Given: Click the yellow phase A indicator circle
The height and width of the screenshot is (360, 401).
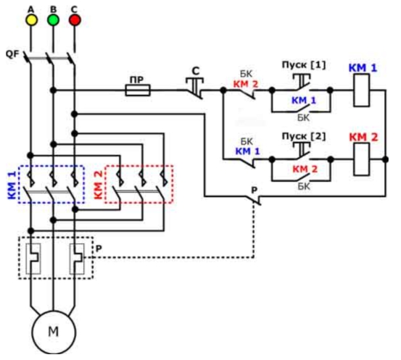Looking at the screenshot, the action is coord(31,20).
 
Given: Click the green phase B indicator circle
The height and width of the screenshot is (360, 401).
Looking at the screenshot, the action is coord(53,20).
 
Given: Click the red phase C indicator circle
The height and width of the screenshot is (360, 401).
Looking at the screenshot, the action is coord(75,20).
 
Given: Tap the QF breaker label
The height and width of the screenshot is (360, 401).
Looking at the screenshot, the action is coord(12,54).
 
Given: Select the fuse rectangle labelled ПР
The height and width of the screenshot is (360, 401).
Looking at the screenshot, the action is coord(138,91).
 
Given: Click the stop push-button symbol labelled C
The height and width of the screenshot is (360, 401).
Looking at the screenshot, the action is coord(194,88).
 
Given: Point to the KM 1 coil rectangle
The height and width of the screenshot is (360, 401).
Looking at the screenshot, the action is coord(361,91).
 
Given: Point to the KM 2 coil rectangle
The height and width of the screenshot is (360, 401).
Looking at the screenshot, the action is coord(361,159).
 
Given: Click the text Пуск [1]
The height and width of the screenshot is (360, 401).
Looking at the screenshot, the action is coord(304,65).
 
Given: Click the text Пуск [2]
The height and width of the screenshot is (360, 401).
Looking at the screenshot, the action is coord(304,136).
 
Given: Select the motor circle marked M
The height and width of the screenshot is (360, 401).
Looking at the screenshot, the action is coord(54,332).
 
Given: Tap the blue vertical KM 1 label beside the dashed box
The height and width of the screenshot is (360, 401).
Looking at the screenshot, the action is coord(12,185).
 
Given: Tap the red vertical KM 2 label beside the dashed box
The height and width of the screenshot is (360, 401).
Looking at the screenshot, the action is coord(98,185).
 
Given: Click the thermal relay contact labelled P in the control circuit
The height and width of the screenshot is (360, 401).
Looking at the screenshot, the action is coord(254,198).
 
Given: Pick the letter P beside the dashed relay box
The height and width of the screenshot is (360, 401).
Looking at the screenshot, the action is coord(99,248).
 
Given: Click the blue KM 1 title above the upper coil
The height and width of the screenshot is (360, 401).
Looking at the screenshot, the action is coord(363,68).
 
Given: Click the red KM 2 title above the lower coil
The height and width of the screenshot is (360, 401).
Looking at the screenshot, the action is coord(363,137).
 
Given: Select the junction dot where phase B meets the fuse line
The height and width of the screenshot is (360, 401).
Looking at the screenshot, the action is coord(53,91).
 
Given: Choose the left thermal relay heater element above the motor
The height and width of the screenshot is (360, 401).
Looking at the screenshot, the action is coord(33,259).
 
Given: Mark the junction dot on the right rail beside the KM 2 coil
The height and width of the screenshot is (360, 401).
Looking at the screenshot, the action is coord(385,159).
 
